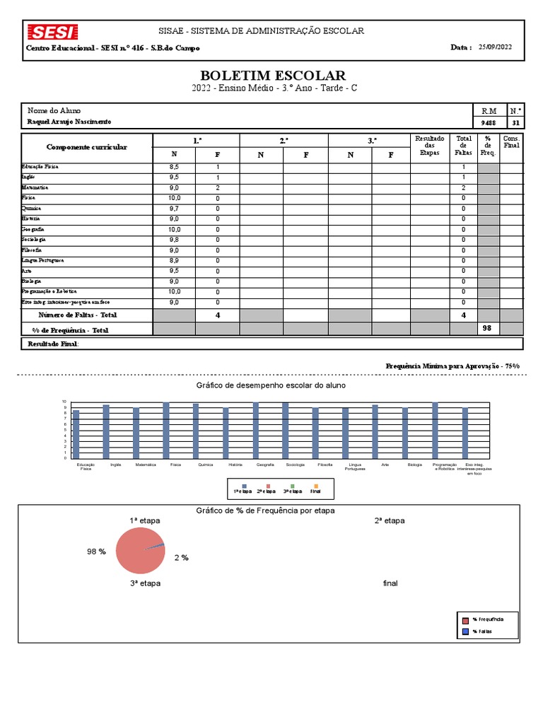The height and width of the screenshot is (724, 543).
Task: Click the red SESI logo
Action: [52, 33]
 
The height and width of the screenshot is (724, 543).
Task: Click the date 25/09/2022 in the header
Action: [495, 47]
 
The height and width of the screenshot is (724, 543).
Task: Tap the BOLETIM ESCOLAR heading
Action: [273, 76]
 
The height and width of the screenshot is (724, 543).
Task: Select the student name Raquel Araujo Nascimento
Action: [69, 122]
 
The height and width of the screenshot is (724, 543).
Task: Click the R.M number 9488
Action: [489, 122]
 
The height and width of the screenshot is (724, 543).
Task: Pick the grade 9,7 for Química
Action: [174, 209]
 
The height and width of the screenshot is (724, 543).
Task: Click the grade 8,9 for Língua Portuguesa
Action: [174, 261]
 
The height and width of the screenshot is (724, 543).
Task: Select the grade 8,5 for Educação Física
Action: [174, 168]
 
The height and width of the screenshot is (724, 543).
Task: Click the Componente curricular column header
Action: [87, 147]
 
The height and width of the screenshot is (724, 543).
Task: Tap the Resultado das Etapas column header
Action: [428, 146]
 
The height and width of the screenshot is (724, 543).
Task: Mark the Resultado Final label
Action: [53, 344]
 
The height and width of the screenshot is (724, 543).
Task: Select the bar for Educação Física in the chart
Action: [76, 433]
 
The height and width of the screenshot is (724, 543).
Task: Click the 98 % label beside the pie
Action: [97, 551]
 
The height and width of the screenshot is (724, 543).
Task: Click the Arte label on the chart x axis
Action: [385, 465]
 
